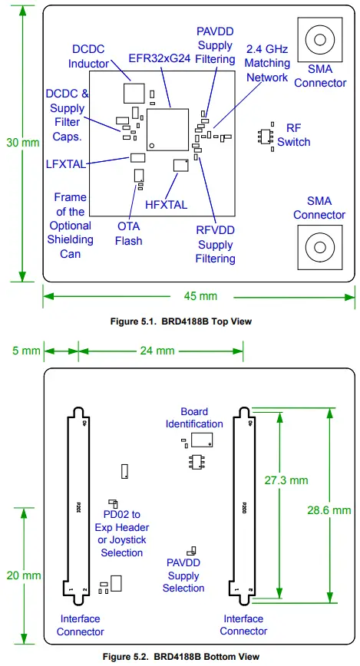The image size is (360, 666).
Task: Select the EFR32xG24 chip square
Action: click(x=167, y=129)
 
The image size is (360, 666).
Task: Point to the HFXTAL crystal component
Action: click(x=181, y=165)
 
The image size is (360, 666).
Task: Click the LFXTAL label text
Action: click(x=65, y=163)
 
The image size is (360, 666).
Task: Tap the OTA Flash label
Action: click(x=128, y=233)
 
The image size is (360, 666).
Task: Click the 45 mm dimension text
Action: click(x=201, y=295)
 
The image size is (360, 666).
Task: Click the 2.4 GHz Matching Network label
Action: click(x=268, y=63)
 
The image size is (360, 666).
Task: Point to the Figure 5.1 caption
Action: click(x=181, y=321)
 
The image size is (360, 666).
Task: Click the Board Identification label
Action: click(x=194, y=417)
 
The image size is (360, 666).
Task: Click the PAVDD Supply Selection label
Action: click(x=183, y=575)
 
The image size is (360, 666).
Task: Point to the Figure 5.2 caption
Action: click(x=181, y=657)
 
